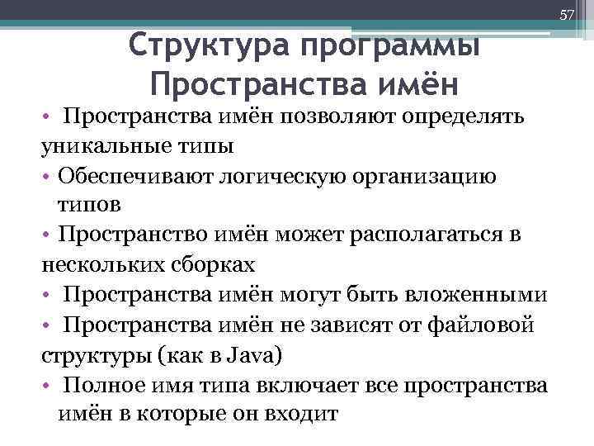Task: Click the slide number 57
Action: point(566,15)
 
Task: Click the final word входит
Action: point(303,413)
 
